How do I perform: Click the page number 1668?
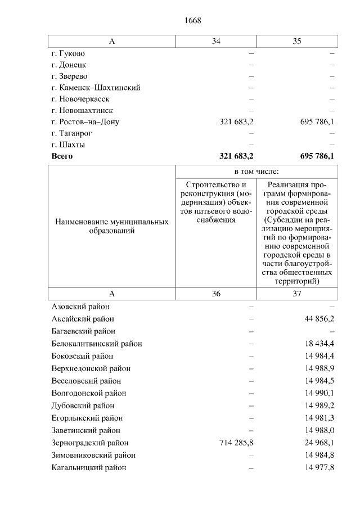(x=192, y=21)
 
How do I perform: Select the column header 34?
(x=216, y=41)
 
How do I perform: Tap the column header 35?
(x=297, y=41)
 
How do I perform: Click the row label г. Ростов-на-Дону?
(x=85, y=121)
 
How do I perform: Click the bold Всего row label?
(x=62, y=156)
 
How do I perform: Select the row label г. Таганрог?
(x=71, y=133)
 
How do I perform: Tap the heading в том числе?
(x=256, y=171)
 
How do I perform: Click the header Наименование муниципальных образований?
(x=112, y=227)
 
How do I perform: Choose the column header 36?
(x=216, y=294)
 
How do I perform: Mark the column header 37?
(x=297, y=294)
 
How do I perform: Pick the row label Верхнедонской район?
(x=91, y=368)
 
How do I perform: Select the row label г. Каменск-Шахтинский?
(x=96, y=88)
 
